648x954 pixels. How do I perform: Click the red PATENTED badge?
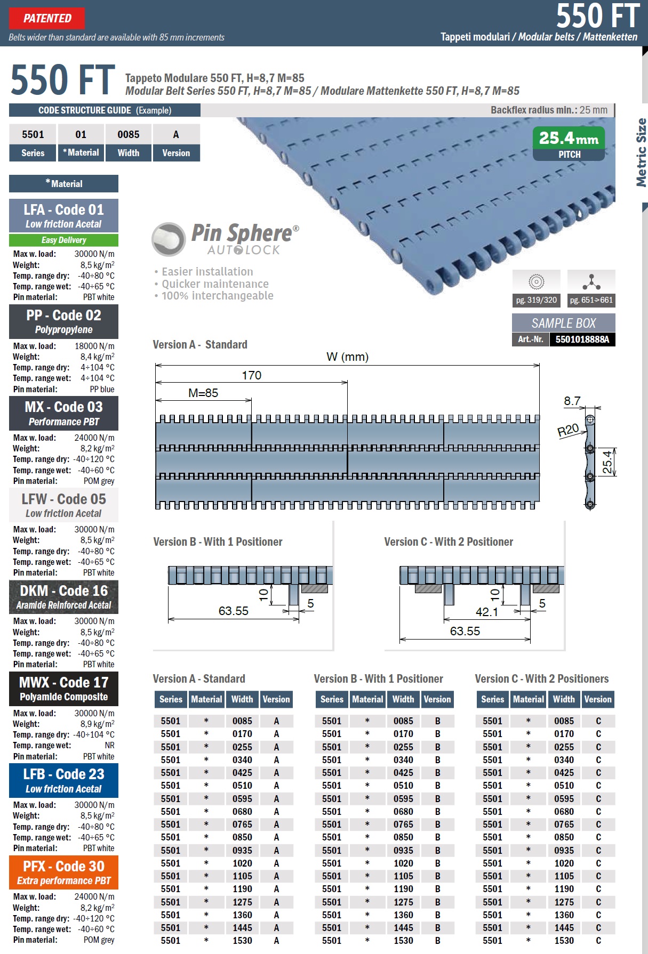coord(47,19)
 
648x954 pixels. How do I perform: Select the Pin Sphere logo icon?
coord(169,239)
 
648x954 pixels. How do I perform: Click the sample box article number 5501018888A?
coord(582,339)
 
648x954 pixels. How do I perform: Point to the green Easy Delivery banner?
coord(63,240)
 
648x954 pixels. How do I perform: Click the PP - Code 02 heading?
coord(63,316)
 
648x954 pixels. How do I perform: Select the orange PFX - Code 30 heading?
coord(63,866)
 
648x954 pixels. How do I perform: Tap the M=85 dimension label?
coord(203,393)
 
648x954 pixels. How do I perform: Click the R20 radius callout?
coord(568,430)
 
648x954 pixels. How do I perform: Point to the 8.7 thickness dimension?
coord(572,401)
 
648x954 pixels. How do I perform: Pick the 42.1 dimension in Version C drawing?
coord(486,612)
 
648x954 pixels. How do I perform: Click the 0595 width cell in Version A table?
coord(242,798)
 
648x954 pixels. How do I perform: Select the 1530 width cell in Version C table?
coord(564,941)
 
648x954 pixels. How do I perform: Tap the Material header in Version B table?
coord(367,699)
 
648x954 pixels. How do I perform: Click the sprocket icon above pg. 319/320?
coord(536,281)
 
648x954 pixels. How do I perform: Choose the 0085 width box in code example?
coord(129,134)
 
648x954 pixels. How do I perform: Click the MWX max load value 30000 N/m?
coord(94,713)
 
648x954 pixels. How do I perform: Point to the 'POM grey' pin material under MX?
coord(99,481)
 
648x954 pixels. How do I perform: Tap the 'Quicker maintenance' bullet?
coord(215,284)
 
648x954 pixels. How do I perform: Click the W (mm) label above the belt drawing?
coord(347,357)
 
